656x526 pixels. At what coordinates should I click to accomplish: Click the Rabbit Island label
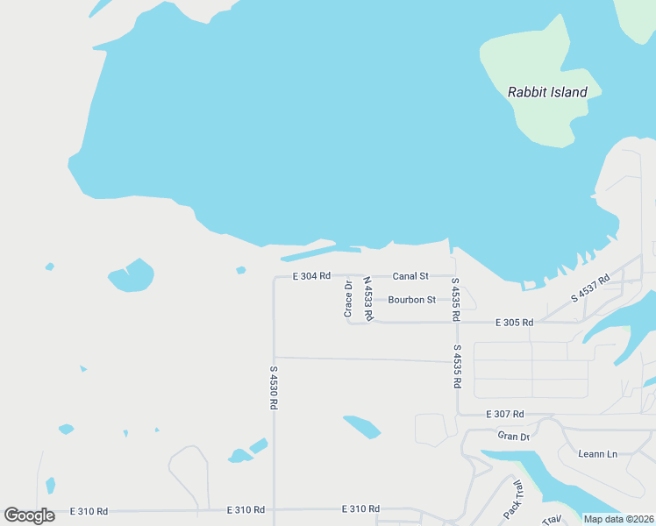547,92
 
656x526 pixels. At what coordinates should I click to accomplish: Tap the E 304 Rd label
312,276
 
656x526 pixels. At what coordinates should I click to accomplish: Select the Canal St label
410,276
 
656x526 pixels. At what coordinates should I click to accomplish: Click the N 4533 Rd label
368,298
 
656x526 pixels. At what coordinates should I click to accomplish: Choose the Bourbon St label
411,300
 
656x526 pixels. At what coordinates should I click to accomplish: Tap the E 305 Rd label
514,323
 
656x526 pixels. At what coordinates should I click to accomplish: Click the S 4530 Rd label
274,388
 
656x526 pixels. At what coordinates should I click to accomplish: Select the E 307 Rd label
504,414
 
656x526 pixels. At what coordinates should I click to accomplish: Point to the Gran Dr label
514,436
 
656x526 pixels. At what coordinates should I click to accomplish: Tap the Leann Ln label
598,453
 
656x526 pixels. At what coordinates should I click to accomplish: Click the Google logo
29,515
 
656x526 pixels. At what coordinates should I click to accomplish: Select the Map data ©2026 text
618,519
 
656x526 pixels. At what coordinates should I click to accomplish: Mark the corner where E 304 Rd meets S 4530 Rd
274,277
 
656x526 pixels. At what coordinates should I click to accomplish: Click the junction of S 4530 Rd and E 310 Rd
274,509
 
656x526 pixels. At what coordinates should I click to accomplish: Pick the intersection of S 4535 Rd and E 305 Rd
456,323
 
